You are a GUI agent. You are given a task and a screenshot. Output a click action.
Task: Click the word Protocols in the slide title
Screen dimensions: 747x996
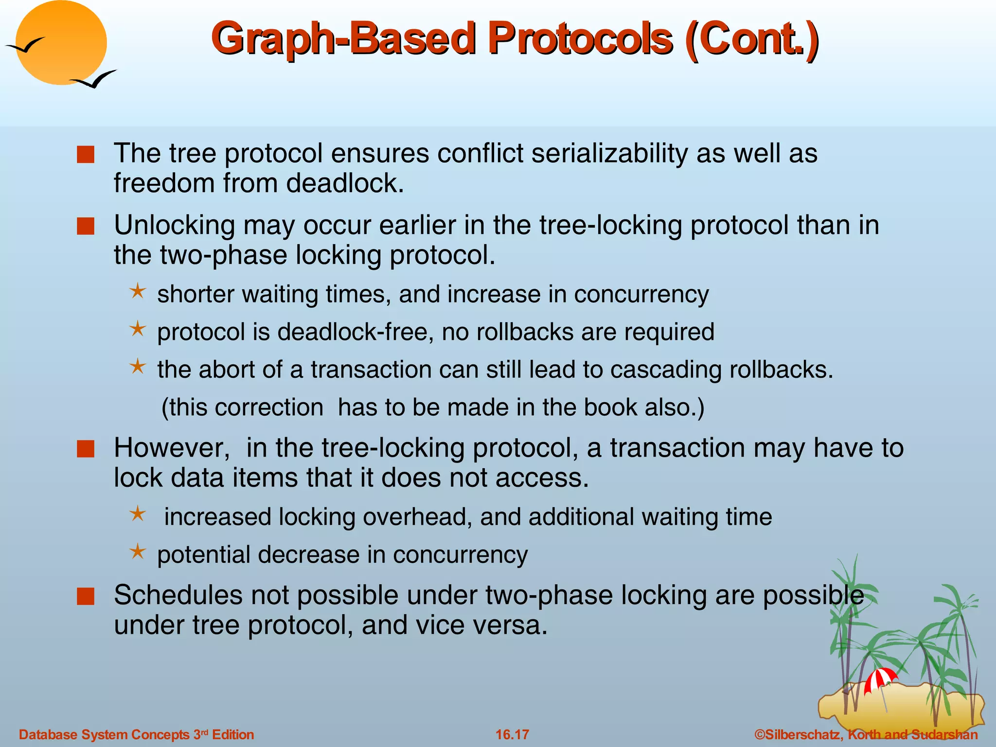tap(581, 39)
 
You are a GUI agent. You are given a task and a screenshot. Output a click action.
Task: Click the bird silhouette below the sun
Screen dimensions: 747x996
tap(95, 79)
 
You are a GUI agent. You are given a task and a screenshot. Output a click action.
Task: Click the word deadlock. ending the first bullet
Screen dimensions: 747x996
tap(345, 183)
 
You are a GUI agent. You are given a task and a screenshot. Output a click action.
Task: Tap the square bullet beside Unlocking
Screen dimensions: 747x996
tap(86, 226)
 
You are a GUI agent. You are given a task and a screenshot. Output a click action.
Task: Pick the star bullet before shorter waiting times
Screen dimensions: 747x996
tap(138, 292)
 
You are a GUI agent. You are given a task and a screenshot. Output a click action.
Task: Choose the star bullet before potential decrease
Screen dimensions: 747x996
tap(138, 552)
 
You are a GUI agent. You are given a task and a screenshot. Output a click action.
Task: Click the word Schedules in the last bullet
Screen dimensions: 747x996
tap(178, 595)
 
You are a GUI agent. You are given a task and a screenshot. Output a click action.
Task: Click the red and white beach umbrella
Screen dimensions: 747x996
tap(880, 679)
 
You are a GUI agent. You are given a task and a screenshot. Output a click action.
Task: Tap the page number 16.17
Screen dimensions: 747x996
tap(512, 734)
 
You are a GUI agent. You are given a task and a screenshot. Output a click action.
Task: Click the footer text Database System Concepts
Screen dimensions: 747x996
tap(104, 734)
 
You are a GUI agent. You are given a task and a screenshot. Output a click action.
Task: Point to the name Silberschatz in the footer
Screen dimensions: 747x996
tap(803, 734)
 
